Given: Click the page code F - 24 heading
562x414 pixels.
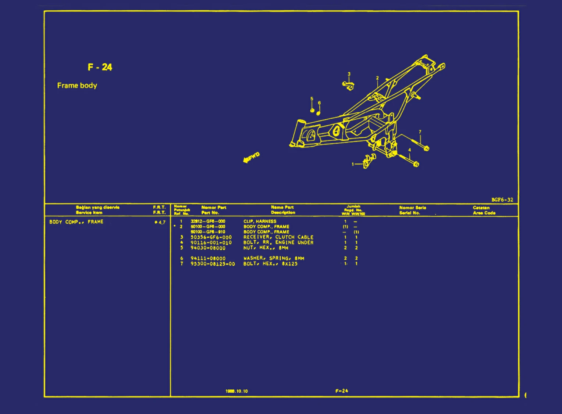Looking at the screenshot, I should (100, 67).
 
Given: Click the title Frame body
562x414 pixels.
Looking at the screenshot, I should (77, 86).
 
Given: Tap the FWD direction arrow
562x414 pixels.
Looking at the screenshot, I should (251, 158).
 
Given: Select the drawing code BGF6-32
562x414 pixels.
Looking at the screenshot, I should (502, 200).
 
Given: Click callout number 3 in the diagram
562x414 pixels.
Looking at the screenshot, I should (349, 74).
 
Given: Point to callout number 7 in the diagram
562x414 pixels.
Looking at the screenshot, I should (420, 132).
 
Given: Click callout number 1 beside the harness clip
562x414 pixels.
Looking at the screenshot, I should (353, 164).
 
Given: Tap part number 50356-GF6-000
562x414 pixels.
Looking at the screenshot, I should (211, 237).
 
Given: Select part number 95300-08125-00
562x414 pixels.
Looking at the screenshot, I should (213, 264).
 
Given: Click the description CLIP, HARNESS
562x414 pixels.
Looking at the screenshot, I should (260, 222).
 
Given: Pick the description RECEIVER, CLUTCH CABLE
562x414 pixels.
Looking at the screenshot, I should (278, 237).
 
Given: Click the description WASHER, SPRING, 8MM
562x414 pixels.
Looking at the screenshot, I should (274, 258).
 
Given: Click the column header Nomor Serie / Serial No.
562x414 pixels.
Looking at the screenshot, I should (412, 210).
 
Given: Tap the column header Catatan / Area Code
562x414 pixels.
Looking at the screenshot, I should (484, 210).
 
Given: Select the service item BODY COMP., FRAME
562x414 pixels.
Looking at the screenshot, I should (76, 222).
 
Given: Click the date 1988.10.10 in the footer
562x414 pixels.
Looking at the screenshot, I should (236, 391).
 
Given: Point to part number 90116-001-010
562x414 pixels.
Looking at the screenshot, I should (211, 243).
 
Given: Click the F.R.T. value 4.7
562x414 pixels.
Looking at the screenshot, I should (161, 222).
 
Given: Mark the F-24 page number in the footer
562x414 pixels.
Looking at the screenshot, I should (342, 391).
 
